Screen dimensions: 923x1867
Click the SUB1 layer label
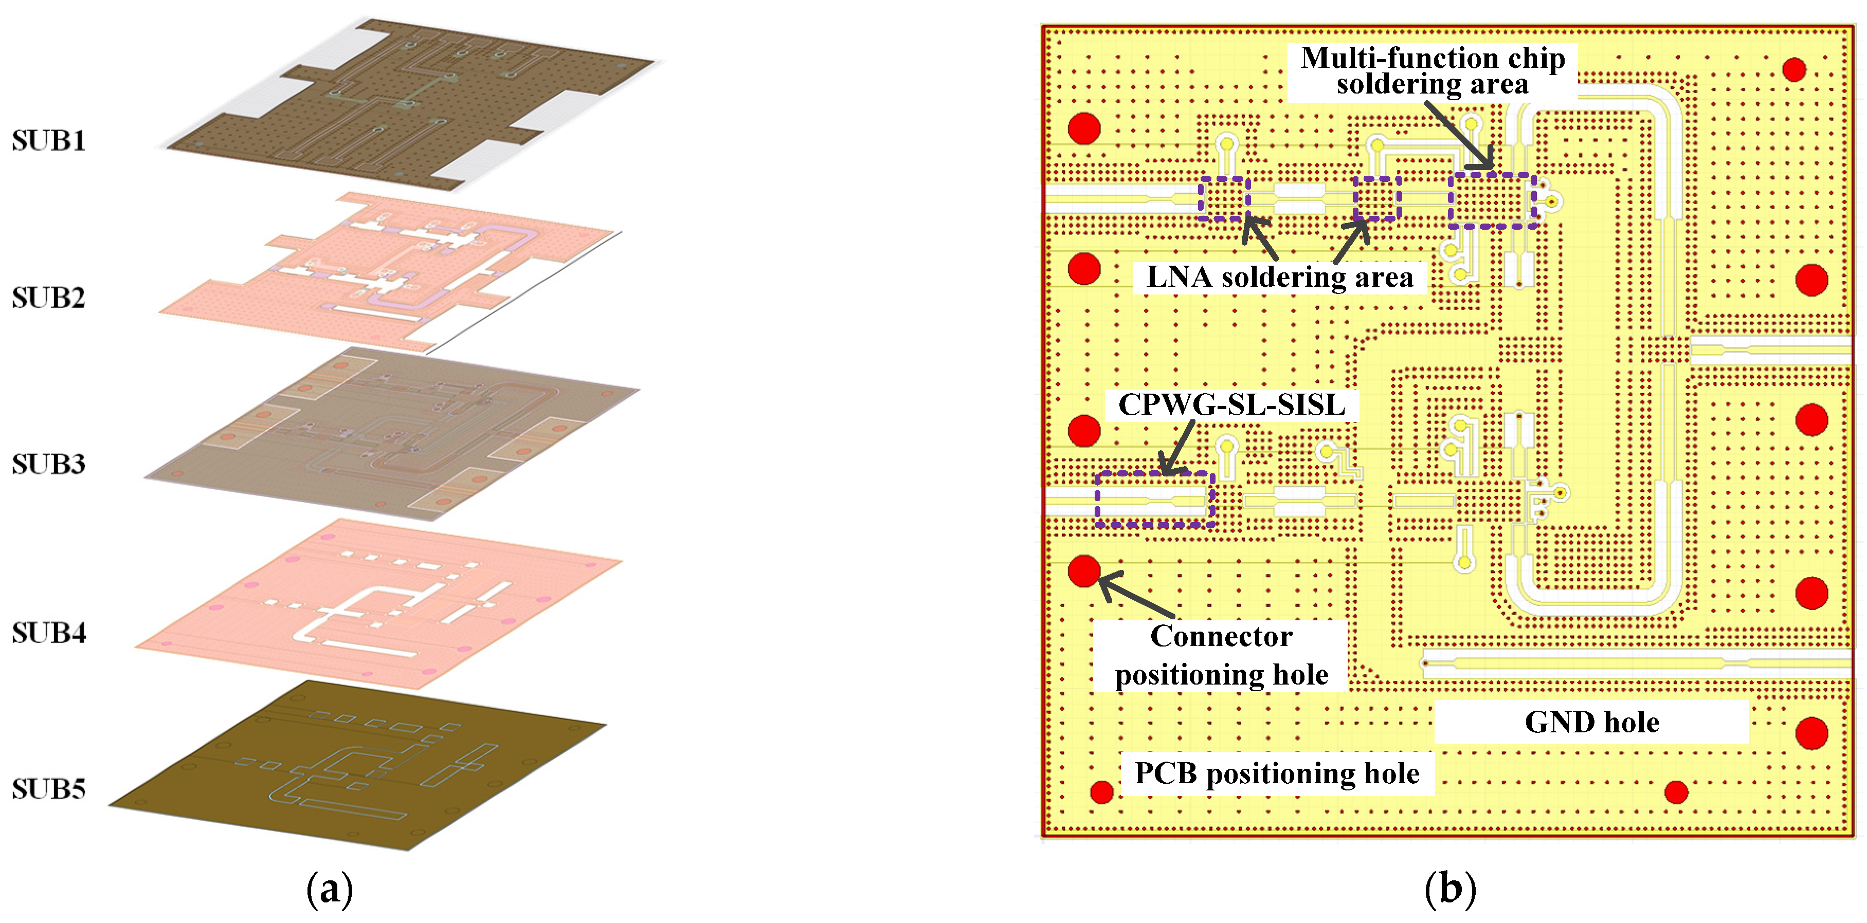click(48, 140)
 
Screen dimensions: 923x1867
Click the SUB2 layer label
click(48, 298)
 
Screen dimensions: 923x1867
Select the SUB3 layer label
click(48, 464)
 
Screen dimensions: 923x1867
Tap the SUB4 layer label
click(48, 633)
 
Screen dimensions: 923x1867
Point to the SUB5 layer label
click(48, 789)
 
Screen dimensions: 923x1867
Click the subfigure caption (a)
click(330, 889)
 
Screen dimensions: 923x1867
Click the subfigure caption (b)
click(1449, 889)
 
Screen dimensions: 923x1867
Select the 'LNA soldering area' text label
click(1280, 278)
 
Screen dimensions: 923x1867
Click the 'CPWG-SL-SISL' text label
click(1231, 404)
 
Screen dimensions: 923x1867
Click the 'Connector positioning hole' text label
click(1221, 656)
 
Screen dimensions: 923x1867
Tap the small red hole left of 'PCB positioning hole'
click(1102, 792)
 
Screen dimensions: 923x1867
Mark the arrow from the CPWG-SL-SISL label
click(1179, 447)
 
